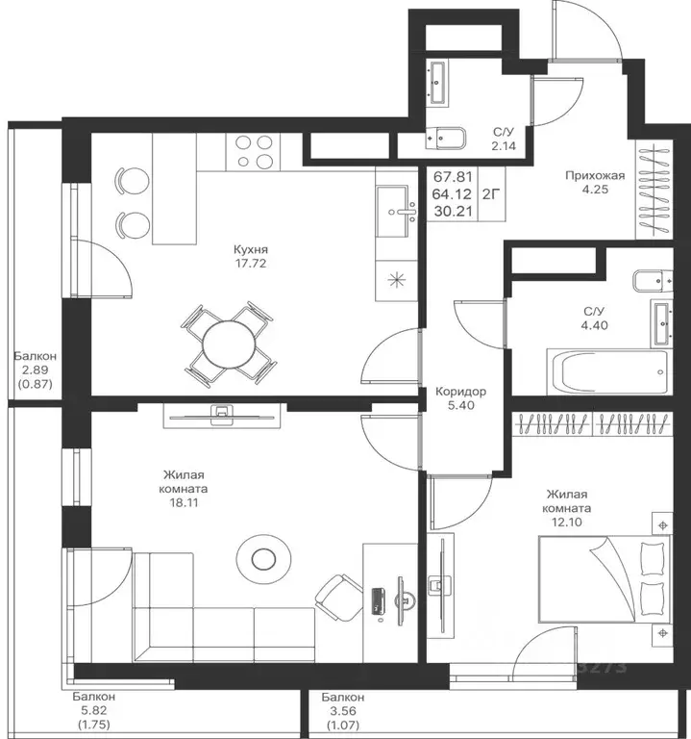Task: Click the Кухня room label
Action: click(x=251, y=249)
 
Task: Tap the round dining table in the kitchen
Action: click(x=229, y=344)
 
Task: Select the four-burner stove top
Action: click(x=254, y=152)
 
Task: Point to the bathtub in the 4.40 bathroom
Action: click(x=609, y=371)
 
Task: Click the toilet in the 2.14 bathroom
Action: click(x=446, y=138)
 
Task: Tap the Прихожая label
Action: click(x=595, y=176)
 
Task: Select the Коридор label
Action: click(x=460, y=392)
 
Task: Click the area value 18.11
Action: click(x=184, y=503)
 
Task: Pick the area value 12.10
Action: click(x=567, y=522)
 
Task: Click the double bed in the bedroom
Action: click(x=605, y=578)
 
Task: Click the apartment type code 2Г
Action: click(x=491, y=193)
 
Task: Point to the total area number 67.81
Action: click(x=453, y=177)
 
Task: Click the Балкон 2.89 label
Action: click(x=35, y=356)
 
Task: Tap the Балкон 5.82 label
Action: click(x=93, y=697)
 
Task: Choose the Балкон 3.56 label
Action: click(x=343, y=697)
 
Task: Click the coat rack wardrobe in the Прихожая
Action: click(x=654, y=190)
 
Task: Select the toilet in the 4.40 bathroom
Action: click(x=653, y=281)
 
